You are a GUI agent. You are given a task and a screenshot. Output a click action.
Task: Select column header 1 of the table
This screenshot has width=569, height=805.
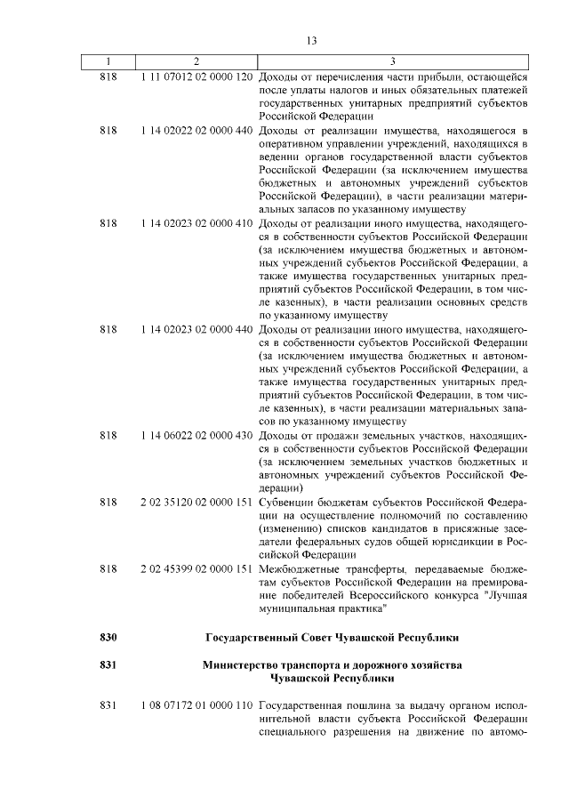pos(108,60)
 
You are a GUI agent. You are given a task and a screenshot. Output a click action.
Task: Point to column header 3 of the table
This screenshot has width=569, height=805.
pos(393,60)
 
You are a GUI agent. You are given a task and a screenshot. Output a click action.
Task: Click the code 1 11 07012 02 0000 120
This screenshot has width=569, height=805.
pos(196,76)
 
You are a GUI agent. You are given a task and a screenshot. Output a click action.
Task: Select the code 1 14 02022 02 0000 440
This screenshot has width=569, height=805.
pos(196,130)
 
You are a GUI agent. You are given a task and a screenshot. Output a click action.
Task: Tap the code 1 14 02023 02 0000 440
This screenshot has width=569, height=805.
pos(196,330)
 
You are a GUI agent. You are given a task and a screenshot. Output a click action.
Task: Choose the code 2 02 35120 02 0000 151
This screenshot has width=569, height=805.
pos(196,503)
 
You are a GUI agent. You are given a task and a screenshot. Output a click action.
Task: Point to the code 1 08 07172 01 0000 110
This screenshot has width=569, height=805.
pos(196,705)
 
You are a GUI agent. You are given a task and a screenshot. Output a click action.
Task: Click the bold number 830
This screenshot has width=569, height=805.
pos(108,638)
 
